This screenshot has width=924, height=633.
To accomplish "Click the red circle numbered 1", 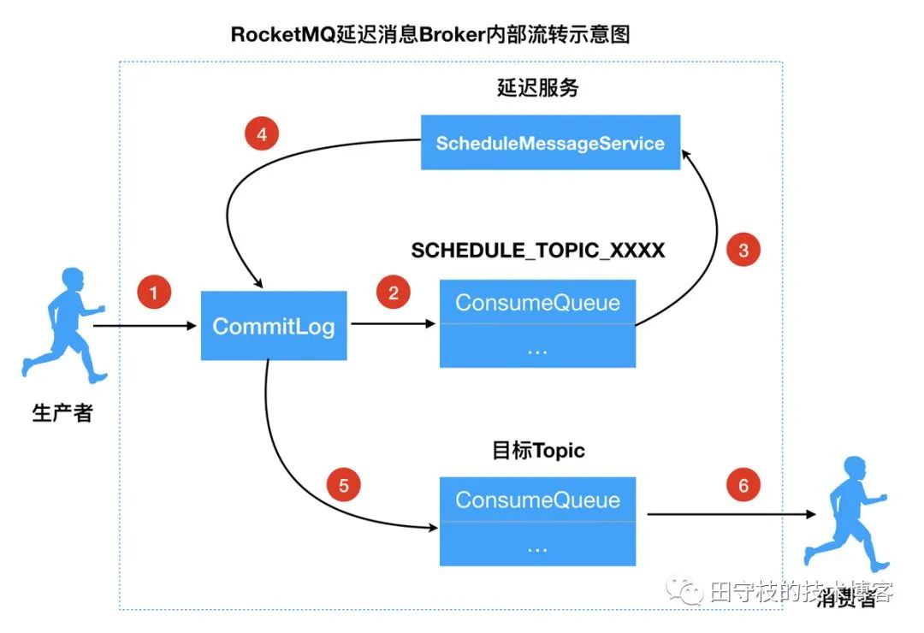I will [x=154, y=293].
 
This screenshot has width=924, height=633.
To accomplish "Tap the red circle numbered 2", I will [x=394, y=293].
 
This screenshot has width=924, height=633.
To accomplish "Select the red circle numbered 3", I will [x=743, y=250].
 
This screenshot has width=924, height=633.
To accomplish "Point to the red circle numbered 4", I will [x=262, y=134].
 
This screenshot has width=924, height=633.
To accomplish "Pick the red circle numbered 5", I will [x=344, y=486].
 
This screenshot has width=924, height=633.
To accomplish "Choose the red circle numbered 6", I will [x=743, y=486].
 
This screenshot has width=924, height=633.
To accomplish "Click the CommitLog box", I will [x=274, y=326].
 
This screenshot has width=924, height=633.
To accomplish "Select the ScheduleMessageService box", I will [x=550, y=143].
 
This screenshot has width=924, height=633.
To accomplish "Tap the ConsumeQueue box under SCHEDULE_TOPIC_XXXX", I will [x=537, y=323].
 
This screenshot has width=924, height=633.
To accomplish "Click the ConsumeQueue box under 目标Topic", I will [x=537, y=521].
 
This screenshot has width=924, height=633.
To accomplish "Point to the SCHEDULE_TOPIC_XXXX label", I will [x=537, y=250].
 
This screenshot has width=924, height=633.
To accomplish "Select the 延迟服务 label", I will [x=537, y=88].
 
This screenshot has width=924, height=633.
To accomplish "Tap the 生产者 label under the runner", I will [x=62, y=413].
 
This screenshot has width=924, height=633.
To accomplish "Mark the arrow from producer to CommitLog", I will [x=145, y=326].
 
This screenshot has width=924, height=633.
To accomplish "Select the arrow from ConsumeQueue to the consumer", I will [x=727, y=515].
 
